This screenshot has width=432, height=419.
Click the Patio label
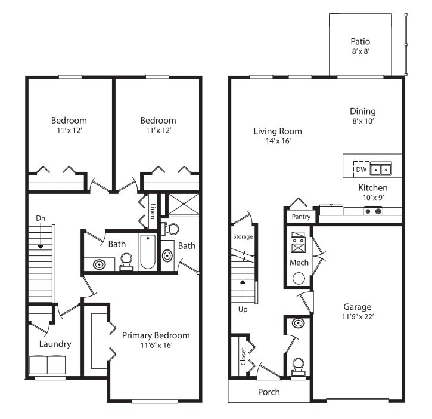tap(360, 42)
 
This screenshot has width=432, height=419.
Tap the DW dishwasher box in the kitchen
tap(361, 170)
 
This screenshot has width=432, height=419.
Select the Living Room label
tap(278, 131)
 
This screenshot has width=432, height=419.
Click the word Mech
tap(299, 263)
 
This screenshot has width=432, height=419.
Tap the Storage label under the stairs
tap(243, 236)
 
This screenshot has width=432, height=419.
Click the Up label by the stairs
tap(243, 310)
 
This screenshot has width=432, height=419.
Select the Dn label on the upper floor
tap(40, 218)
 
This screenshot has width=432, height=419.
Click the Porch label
tap(268, 392)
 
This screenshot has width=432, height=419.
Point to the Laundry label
tap(55, 344)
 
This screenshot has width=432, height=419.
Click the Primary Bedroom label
tap(156, 335)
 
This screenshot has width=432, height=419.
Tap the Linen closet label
tap(153, 211)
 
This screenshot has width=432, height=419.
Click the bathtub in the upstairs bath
tap(147, 252)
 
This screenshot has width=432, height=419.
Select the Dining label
tap(363, 111)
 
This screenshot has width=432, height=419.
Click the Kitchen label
tap(372, 188)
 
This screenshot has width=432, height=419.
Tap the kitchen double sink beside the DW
tap(381, 170)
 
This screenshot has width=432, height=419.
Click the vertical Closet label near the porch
tap(243, 356)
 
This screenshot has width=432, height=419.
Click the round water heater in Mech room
tap(299, 278)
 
